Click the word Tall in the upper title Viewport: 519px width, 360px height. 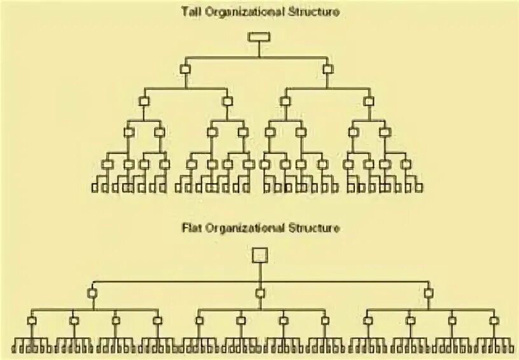(189, 12)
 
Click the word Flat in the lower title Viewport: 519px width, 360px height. (190, 227)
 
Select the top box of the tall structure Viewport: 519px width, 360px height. (259, 36)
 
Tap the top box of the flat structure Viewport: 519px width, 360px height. (259, 255)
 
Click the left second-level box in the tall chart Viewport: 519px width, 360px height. (185, 69)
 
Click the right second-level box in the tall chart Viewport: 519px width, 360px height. (328, 69)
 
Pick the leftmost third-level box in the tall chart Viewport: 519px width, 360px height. (144, 100)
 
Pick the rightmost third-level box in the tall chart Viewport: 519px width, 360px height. (369, 100)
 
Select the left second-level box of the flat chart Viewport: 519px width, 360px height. (92, 293)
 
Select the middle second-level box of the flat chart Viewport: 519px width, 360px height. (259, 293)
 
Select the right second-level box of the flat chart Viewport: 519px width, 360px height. (429, 293)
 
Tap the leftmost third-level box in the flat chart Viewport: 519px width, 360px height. (32, 321)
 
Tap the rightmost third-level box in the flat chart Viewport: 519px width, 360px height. (494, 321)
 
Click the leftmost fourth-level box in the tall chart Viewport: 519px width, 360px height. (128, 132)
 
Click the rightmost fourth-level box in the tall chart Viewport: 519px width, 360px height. (385, 132)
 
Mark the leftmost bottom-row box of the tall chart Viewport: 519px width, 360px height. (95, 188)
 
